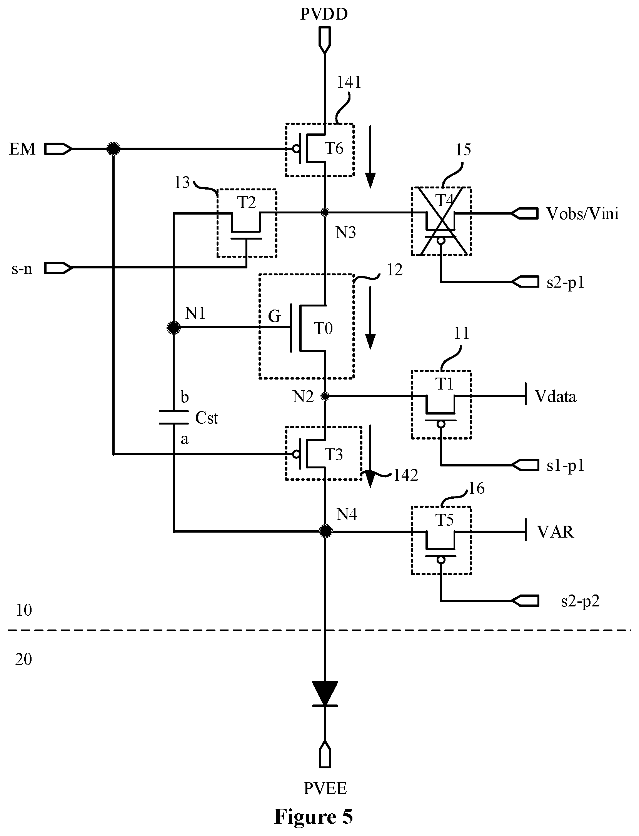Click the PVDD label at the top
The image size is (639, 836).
(324, 14)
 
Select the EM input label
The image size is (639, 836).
(22, 149)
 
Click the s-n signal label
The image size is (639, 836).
(22, 268)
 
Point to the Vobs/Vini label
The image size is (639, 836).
(582, 213)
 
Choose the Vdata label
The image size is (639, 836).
(556, 396)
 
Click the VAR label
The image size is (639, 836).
(555, 532)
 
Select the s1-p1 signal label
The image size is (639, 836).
(566, 466)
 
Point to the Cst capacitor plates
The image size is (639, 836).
(174, 418)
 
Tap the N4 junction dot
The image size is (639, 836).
(325, 531)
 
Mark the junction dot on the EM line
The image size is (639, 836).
(113, 148)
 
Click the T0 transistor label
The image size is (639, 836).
(324, 329)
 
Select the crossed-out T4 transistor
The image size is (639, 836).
(441, 221)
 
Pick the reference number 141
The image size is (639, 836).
(349, 82)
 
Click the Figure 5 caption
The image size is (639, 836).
(313, 817)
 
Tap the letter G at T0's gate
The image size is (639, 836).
(274, 316)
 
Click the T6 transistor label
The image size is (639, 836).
(334, 148)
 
